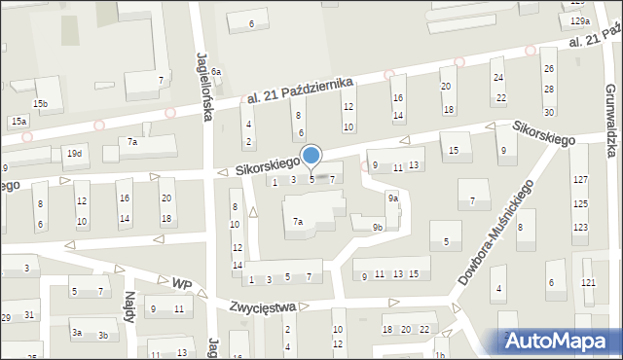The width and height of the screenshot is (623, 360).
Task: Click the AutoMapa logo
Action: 561,341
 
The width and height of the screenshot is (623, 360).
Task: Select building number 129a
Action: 580,21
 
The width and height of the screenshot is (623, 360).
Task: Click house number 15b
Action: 40,103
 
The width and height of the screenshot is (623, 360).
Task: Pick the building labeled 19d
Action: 74,154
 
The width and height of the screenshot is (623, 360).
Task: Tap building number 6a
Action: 217,72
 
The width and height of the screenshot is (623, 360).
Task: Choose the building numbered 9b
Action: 378,227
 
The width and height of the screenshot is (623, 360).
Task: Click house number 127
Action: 580,180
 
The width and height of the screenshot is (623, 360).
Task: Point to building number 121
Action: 588,282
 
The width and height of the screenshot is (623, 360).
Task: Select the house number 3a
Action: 76,333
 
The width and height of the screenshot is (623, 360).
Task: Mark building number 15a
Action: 18,121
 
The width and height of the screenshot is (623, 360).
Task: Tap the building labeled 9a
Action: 392,198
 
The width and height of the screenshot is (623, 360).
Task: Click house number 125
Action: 580,203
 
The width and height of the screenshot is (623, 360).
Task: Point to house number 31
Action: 29,314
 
